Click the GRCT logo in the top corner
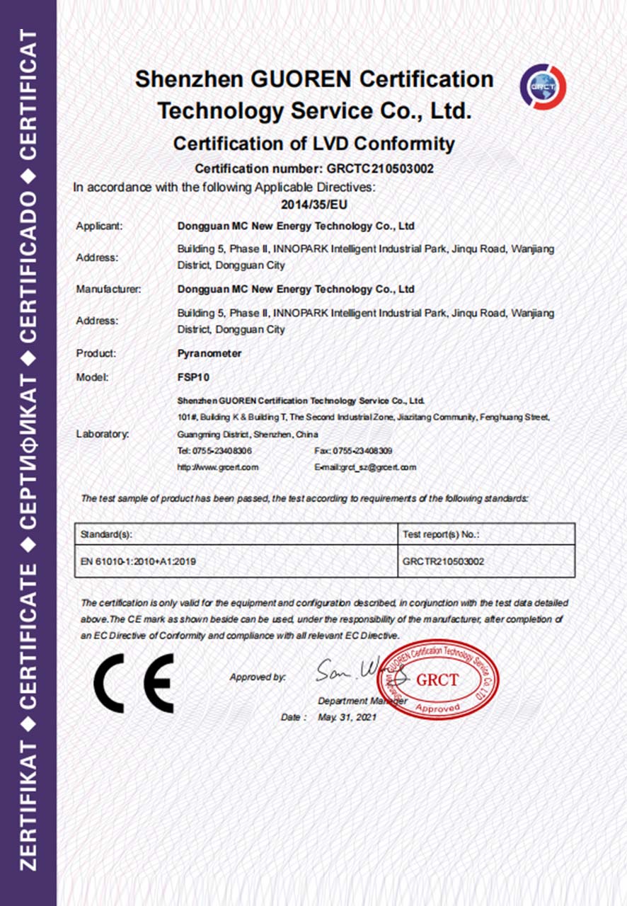pos(543,86)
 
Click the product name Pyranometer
pos(209,353)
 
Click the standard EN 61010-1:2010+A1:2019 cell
pos(139,561)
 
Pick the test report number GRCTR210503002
pos(443,561)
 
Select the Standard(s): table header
pos(107,534)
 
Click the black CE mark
pos(134,683)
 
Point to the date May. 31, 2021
pos(347,717)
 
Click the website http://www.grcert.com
pos(218,467)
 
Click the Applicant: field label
pos(100,226)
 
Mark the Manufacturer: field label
pos(108,289)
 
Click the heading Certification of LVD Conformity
pos(313,144)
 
